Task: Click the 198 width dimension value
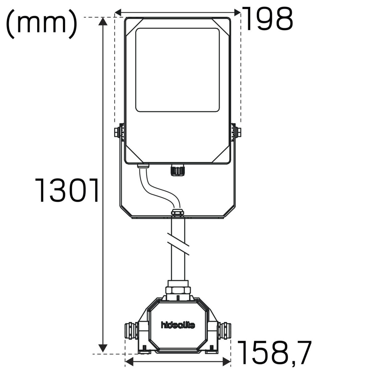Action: pyautogui.click(x=267, y=19)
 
